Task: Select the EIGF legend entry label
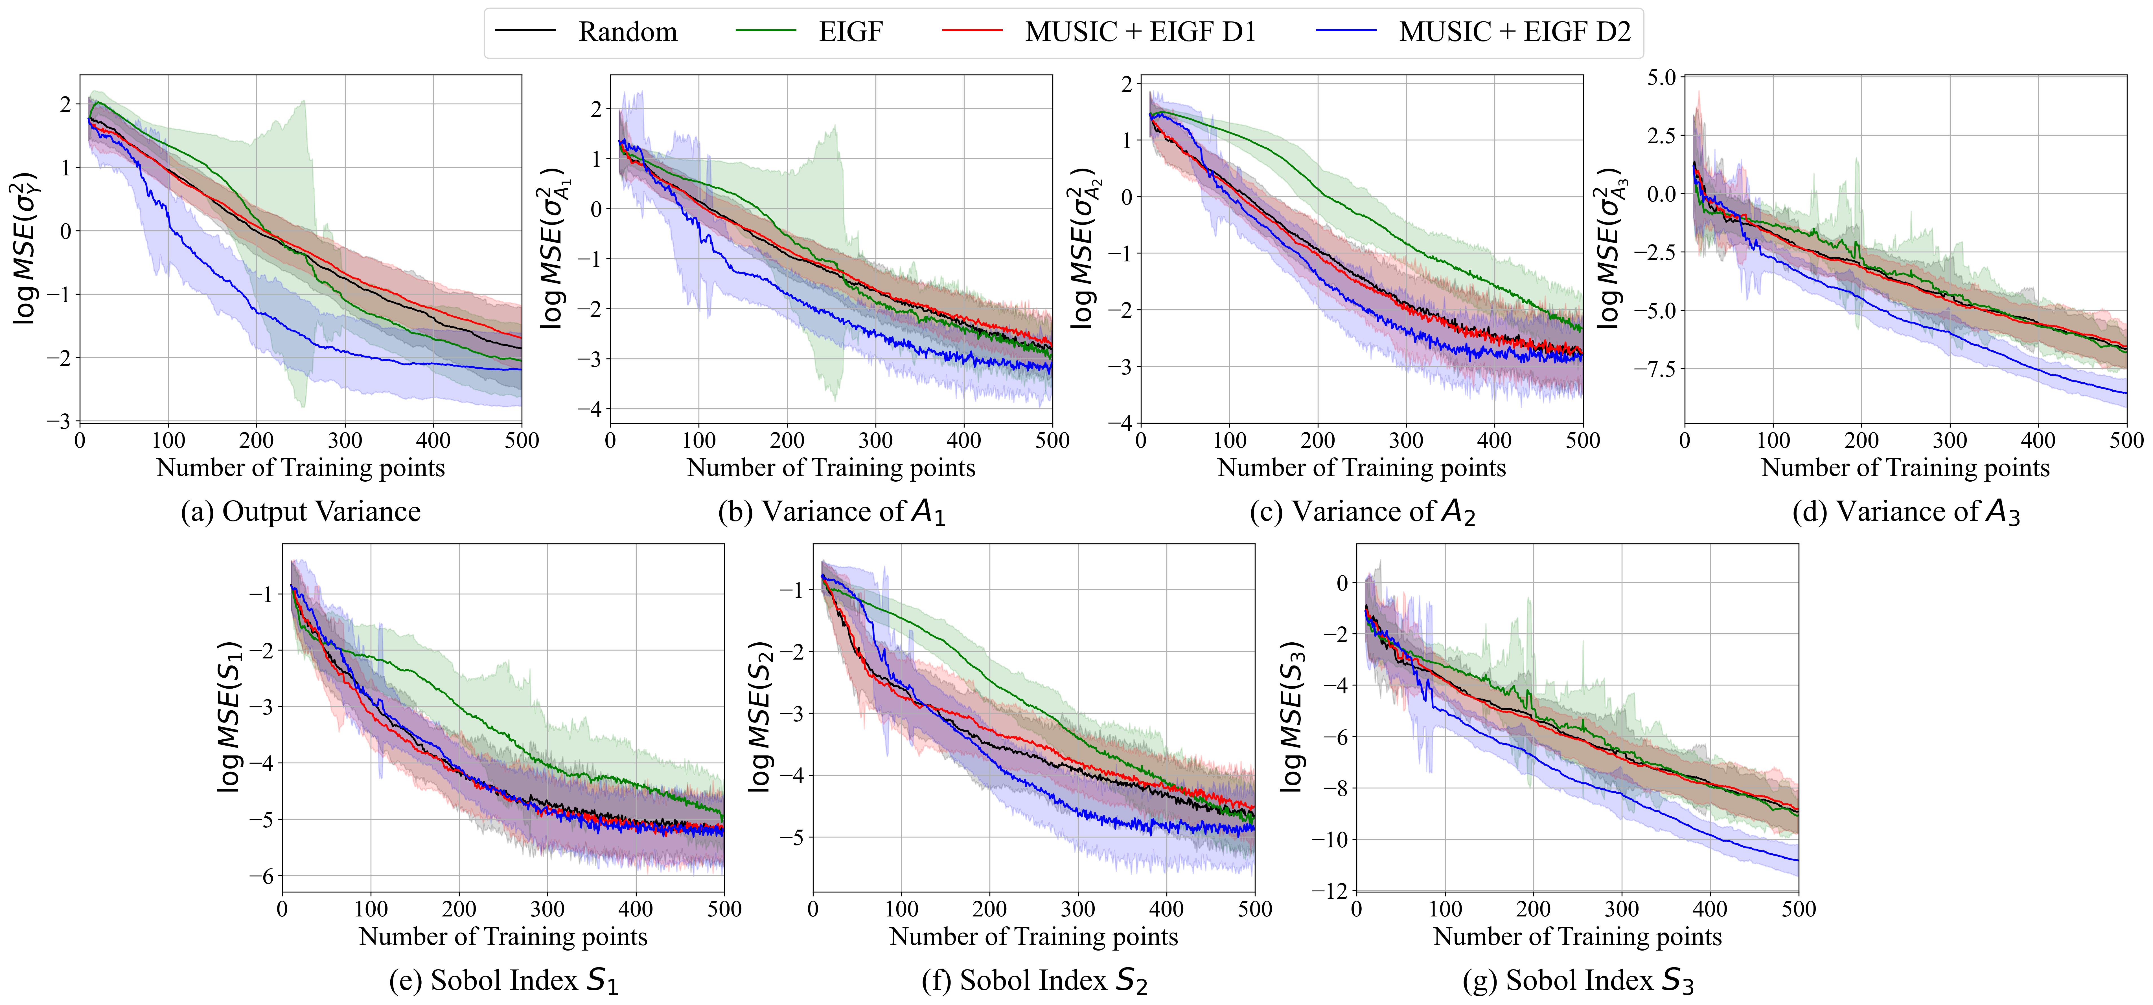[x=850, y=32]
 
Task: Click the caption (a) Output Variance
[x=301, y=511]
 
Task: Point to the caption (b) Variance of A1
[x=832, y=511]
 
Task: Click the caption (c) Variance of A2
[x=1362, y=511]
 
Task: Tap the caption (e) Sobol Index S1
[x=504, y=980]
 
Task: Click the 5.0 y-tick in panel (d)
[x=1661, y=78]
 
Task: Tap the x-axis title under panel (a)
[x=301, y=468]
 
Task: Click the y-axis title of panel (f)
[x=759, y=717]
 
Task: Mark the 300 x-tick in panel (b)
[x=875, y=440]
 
